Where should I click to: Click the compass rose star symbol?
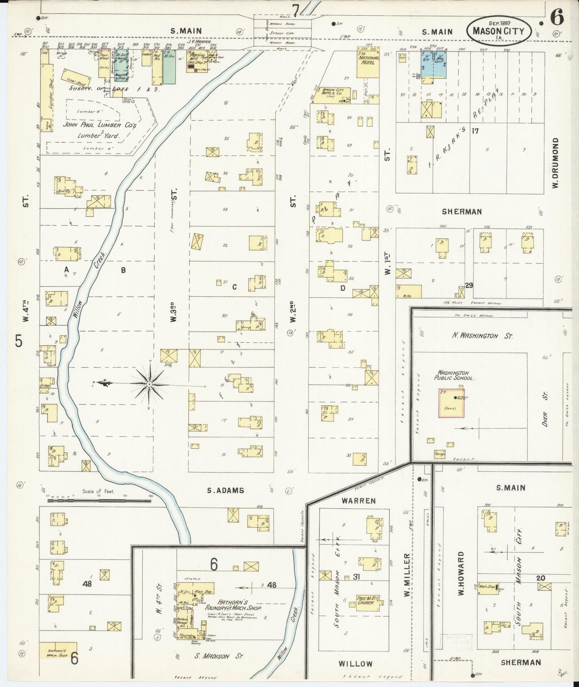coord(149,384)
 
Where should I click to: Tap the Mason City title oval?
coord(499,30)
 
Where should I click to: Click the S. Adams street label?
coord(226,490)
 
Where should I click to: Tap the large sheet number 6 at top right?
coord(557,17)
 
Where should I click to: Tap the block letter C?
coord(234,287)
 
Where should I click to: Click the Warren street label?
coord(359,501)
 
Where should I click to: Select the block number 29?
coord(469,285)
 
